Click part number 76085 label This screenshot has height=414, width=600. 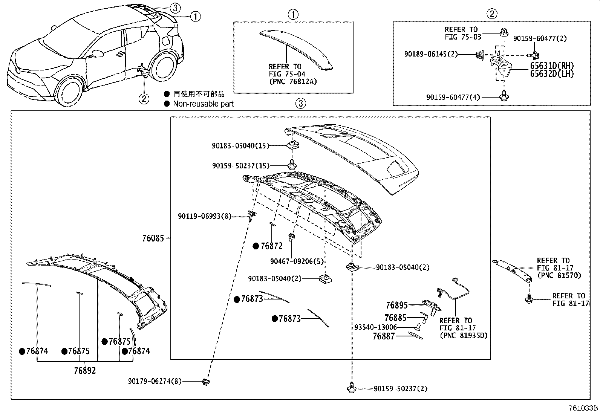pos(153,238)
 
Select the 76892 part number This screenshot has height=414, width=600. pos(85,371)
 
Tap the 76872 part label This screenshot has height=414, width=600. pos(271,246)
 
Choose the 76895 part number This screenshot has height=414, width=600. pos(396,305)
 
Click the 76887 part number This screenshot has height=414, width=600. pos(383,336)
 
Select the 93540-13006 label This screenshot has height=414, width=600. pos(375,327)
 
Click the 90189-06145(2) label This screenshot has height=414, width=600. pos(431,54)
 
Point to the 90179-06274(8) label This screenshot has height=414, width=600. pos(155,382)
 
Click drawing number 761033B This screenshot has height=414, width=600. pos(583,408)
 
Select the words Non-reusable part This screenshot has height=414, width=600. pos(203,104)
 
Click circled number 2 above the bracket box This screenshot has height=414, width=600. pos(491,14)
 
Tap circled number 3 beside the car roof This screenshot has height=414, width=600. pos(175,7)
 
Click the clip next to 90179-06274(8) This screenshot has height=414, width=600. pos(206,382)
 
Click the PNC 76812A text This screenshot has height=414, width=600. pos(292,81)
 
